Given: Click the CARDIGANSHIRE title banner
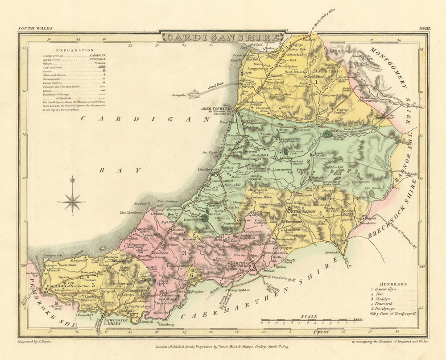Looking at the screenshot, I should tap(222, 37).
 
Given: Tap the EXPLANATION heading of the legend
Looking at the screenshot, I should tap(75, 50).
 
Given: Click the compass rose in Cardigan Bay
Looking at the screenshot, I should tap(72, 201).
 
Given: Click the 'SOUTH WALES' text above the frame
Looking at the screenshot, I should tap(35, 29).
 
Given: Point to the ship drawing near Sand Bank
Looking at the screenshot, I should tap(194, 93).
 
